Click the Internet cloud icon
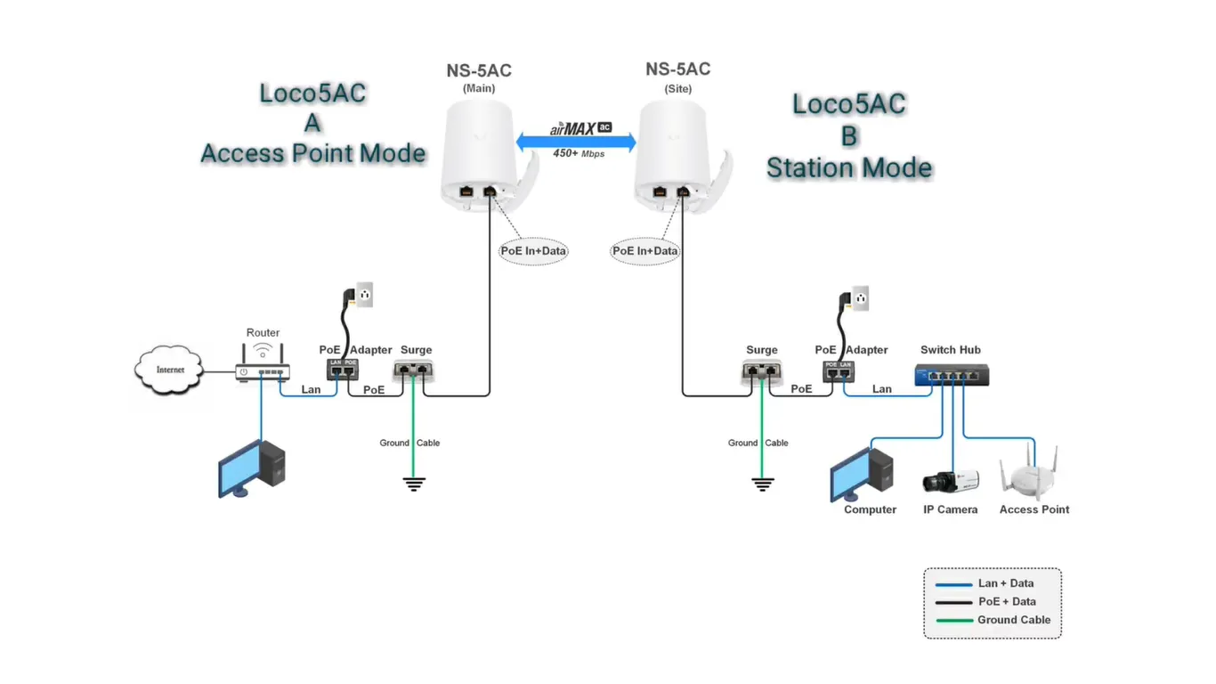click(169, 370)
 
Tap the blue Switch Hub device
click(951, 375)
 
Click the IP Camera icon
click(950, 482)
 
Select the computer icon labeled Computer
click(861, 474)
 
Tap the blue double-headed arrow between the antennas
click(577, 142)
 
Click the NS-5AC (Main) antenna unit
click(479, 151)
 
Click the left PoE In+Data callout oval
click(533, 251)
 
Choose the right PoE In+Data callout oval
click(645, 251)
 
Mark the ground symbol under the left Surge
click(414, 484)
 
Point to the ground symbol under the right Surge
click(762, 484)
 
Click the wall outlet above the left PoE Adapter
click(363, 294)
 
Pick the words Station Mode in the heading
click(848, 168)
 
